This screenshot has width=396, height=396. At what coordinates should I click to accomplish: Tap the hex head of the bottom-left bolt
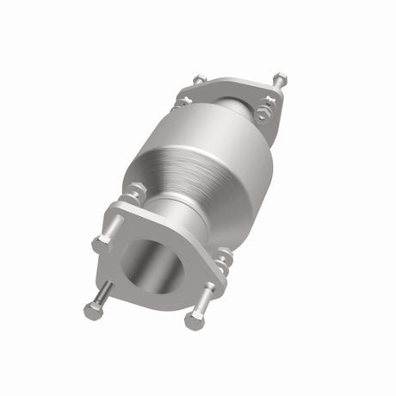[92, 311]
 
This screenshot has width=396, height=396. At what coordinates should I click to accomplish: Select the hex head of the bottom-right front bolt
[194, 321]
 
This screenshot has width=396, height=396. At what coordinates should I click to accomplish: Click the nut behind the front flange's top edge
[136, 191]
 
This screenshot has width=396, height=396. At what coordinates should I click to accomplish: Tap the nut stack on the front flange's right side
[223, 259]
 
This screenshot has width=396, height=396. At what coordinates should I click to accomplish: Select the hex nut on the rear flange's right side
[263, 113]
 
